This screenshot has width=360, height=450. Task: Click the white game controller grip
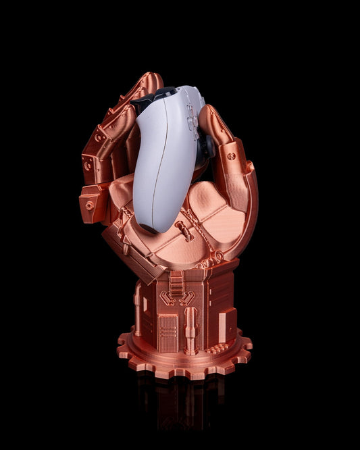point(159,176)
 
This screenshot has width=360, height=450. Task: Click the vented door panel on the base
point(168,332)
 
